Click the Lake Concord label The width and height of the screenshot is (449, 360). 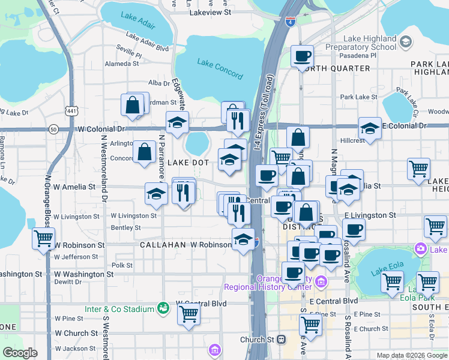click(220, 69)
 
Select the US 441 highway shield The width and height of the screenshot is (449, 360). click(72, 111)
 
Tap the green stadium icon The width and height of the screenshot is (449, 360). click(161, 308)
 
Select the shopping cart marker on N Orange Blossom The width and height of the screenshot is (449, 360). click(44, 238)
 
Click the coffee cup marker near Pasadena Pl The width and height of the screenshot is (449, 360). click(302, 57)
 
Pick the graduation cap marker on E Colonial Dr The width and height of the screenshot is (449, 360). click(370, 128)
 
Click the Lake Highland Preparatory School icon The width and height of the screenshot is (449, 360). click(406, 41)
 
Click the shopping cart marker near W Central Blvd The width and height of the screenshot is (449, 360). click(189, 313)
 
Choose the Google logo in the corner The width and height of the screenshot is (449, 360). click(20, 353)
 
